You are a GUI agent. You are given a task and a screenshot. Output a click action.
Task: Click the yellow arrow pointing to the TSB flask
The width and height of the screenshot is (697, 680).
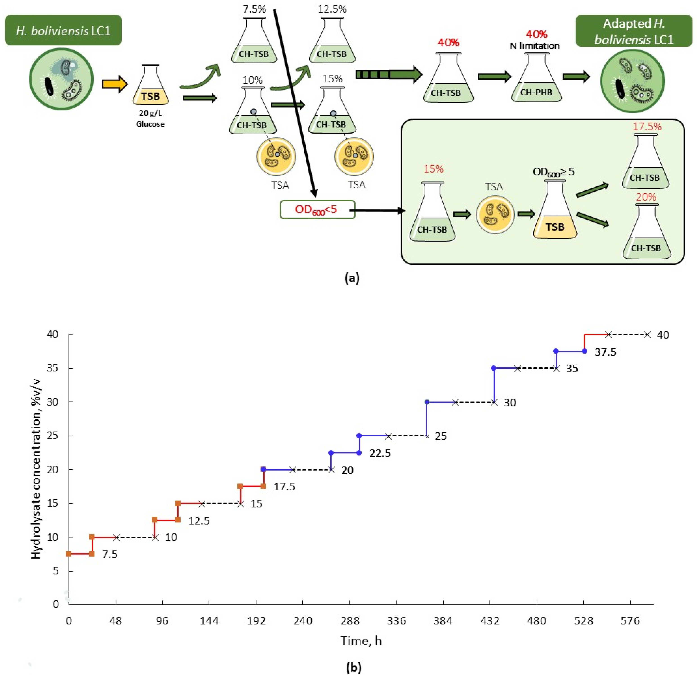click(x=114, y=84)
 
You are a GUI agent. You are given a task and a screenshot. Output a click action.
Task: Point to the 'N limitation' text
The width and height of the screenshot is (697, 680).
click(x=535, y=46)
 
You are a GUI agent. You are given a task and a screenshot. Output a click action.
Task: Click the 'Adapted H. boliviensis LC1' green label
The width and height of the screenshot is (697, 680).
click(x=633, y=31)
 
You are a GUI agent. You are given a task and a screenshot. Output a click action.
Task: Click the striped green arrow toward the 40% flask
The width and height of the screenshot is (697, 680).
click(x=388, y=75)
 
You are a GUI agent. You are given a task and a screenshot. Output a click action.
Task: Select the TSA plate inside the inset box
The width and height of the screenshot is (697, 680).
click(x=495, y=215)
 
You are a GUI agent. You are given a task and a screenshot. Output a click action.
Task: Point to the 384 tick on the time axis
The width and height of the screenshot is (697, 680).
click(x=443, y=621)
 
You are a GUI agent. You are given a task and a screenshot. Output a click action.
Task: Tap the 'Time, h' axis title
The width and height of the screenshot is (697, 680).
click(x=361, y=640)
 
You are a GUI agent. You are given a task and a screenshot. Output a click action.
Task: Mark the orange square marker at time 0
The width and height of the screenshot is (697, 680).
click(x=69, y=554)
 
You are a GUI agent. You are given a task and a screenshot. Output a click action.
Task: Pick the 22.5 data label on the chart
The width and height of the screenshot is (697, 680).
click(x=380, y=453)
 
